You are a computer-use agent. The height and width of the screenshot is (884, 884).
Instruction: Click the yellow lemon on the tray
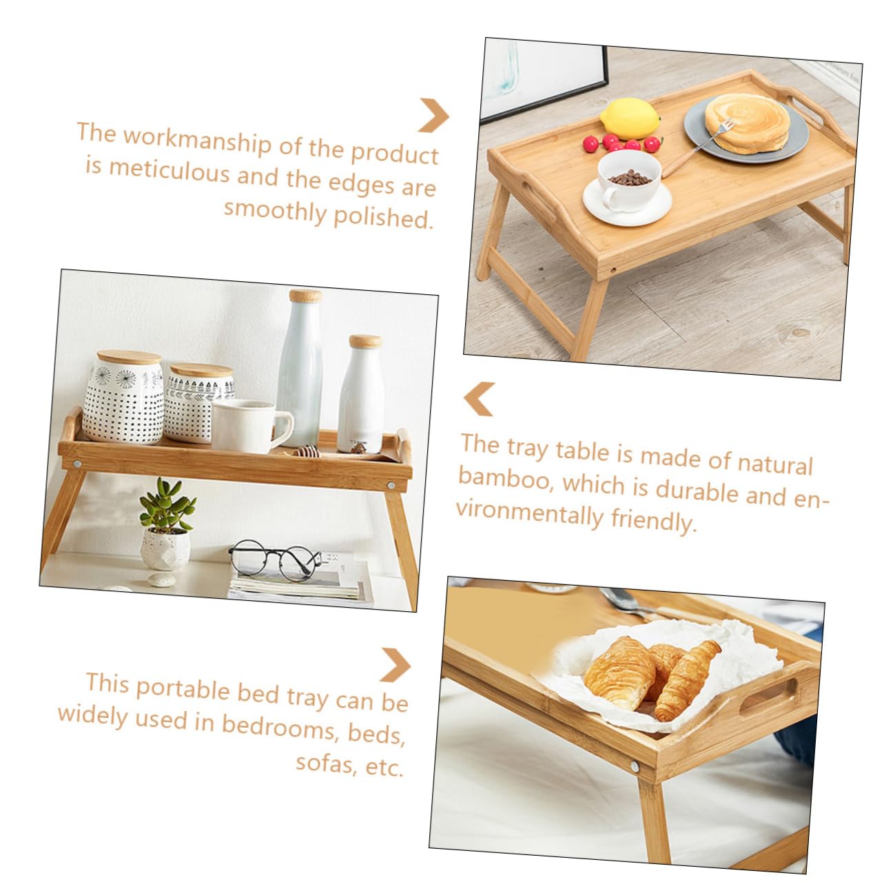(x=629, y=118)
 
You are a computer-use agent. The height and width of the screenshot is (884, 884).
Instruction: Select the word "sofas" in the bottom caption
(x=325, y=761)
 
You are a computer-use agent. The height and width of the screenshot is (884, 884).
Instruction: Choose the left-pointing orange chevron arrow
(x=479, y=398)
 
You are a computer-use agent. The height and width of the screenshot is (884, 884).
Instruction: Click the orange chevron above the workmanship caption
(x=433, y=115)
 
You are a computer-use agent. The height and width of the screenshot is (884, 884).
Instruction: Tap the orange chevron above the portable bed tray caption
(x=395, y=665)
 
